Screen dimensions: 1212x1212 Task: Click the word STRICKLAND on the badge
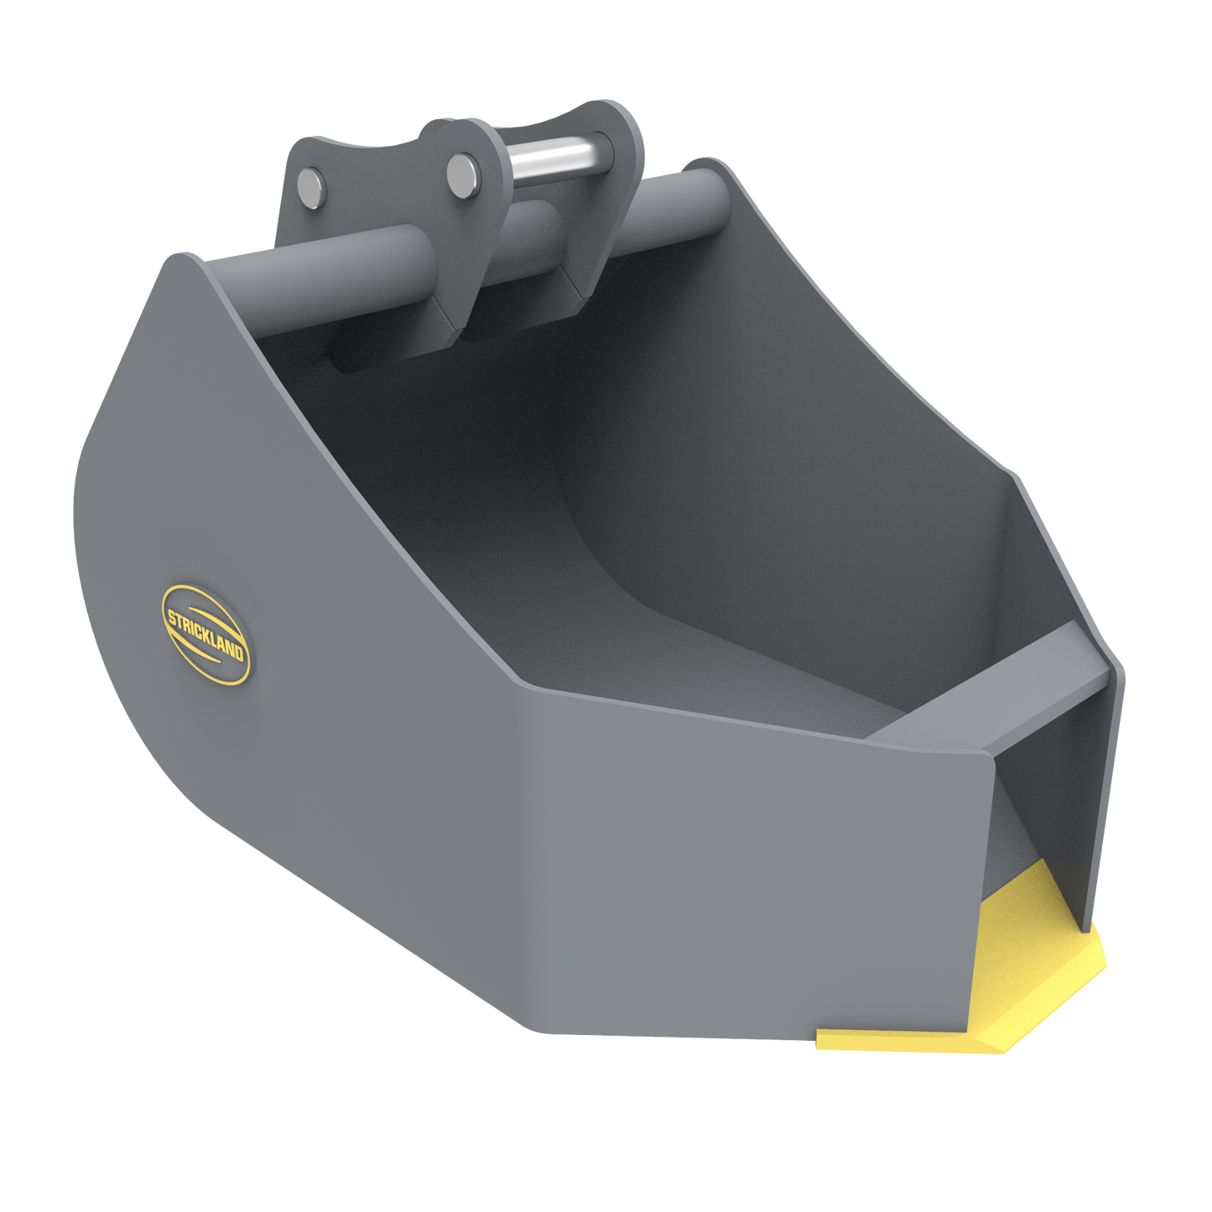[205, 635]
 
